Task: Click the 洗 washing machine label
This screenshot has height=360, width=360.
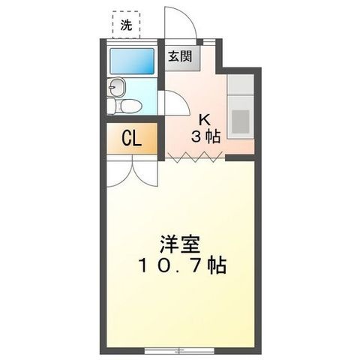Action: coord(126,25)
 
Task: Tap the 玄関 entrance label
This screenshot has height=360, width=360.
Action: coord(180,56)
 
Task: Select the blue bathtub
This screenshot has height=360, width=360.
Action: coord(132,61)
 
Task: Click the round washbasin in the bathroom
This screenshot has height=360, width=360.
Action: coord(116,87)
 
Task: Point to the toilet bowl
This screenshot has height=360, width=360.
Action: coord(131,106)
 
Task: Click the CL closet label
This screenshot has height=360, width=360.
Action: coord(132,138)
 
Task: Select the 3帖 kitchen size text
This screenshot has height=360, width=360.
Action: coord(205,137)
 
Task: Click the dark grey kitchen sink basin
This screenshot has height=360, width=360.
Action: coord(241,121)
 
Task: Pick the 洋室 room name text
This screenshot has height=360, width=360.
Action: coord(180,244)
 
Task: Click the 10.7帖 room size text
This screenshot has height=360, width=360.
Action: coord(182,265)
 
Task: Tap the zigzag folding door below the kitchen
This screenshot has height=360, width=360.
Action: coord(195,157)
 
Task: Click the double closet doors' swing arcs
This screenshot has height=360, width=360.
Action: coord(132,175)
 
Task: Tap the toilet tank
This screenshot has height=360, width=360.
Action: coord(111,106)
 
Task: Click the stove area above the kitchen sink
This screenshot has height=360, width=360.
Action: coord(241,84)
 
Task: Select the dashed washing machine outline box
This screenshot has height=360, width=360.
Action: coord(126,25)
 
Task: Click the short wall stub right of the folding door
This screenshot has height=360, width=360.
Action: coord(241,158)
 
